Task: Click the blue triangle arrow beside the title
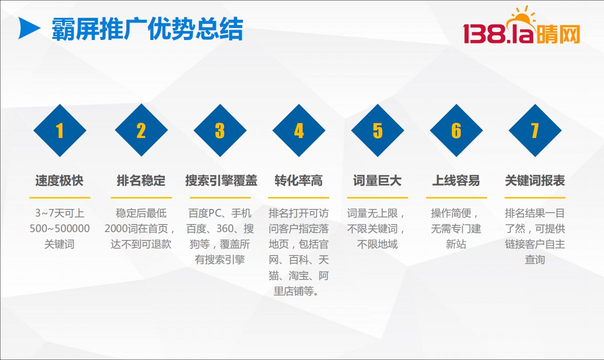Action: [28, 28]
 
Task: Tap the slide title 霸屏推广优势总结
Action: [147, 29]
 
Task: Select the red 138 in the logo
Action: [484, 34]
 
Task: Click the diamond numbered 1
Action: [60, 130]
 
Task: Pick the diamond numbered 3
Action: [220, 130]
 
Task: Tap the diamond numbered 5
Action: [378, 130]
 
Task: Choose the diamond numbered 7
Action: [535, 130]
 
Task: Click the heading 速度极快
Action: [59, 180]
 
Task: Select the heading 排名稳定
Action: [141, 180]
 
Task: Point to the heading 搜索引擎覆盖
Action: [221, 180]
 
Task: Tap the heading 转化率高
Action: [299, 180]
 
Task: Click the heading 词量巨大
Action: [378, 180]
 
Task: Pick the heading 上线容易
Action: [456, 180]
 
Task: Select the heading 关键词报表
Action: [535, 180]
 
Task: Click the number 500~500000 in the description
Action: [59, 228]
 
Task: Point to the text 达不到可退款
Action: [141, 244]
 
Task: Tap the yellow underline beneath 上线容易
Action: [456, 198]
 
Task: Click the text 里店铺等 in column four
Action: [294, 291]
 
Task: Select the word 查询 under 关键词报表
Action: [535, 259]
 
